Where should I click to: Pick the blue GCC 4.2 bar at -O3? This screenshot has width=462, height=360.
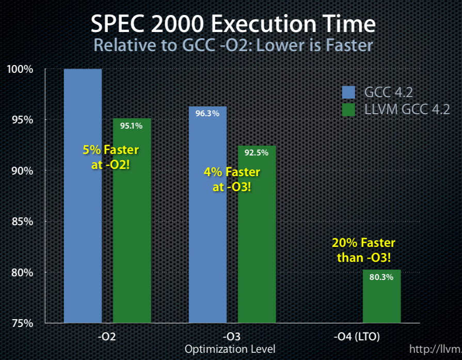tap(208, 232)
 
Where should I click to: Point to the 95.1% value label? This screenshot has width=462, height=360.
tap(132, 125)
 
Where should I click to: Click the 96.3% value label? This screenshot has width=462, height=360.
tap(208, 113)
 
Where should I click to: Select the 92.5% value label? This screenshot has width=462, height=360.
tap(257, 152)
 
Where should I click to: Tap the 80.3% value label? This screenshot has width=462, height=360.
tap(381, 277)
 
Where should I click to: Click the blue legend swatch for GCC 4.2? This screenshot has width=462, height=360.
tap(349, 92)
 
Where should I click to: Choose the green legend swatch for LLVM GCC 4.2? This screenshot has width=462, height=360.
tap(349, 109)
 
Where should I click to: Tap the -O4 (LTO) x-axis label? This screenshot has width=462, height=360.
tap(357, 337)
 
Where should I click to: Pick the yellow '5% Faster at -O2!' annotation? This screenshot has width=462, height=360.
tap(110, 157)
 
